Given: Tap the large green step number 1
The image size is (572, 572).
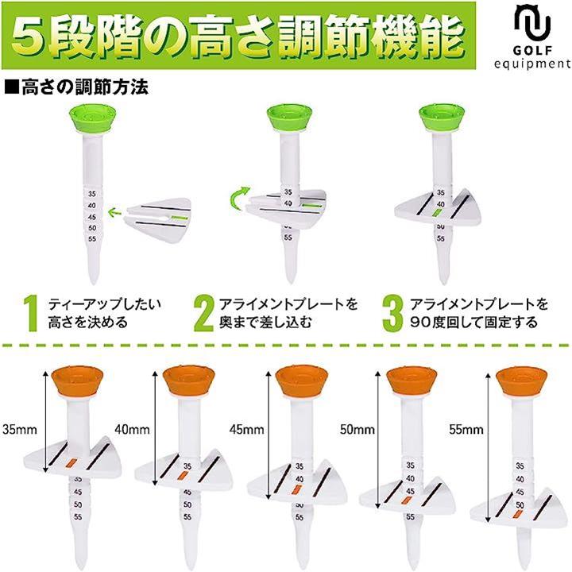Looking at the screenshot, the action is (x=31, y=313).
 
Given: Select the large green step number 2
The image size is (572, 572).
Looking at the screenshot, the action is (x=203, y=313).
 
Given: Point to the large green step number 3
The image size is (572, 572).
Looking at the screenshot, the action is (x=393, y=313).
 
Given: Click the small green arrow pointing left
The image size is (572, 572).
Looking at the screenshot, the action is (x=115, y=211).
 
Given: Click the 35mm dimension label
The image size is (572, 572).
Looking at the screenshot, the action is (x=20, y=429).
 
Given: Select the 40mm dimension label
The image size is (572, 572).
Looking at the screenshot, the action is (x=132, y=429).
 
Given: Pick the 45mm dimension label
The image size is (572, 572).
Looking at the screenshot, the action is (x=246, y=429).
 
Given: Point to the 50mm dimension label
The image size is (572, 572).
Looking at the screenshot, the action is (x=357, y=429).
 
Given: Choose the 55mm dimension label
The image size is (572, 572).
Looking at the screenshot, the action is (x=466, y=429).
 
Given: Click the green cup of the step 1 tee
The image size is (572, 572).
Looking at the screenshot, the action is (x=93, y=118).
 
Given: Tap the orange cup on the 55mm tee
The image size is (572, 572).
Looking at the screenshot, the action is (x=522, y=381).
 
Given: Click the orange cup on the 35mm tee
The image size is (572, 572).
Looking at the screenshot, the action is (x=78, y=381).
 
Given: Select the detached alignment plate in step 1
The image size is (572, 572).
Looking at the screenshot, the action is (x=157, y=218).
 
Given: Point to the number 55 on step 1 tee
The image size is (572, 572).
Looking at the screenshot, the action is (x=92, y=239).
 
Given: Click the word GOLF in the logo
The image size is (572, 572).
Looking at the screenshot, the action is (x=532, y=50).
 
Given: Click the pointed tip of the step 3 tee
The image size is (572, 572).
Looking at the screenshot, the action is (x=443, y=283).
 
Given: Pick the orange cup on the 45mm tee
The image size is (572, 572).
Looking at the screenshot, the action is (x=302, y=381).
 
